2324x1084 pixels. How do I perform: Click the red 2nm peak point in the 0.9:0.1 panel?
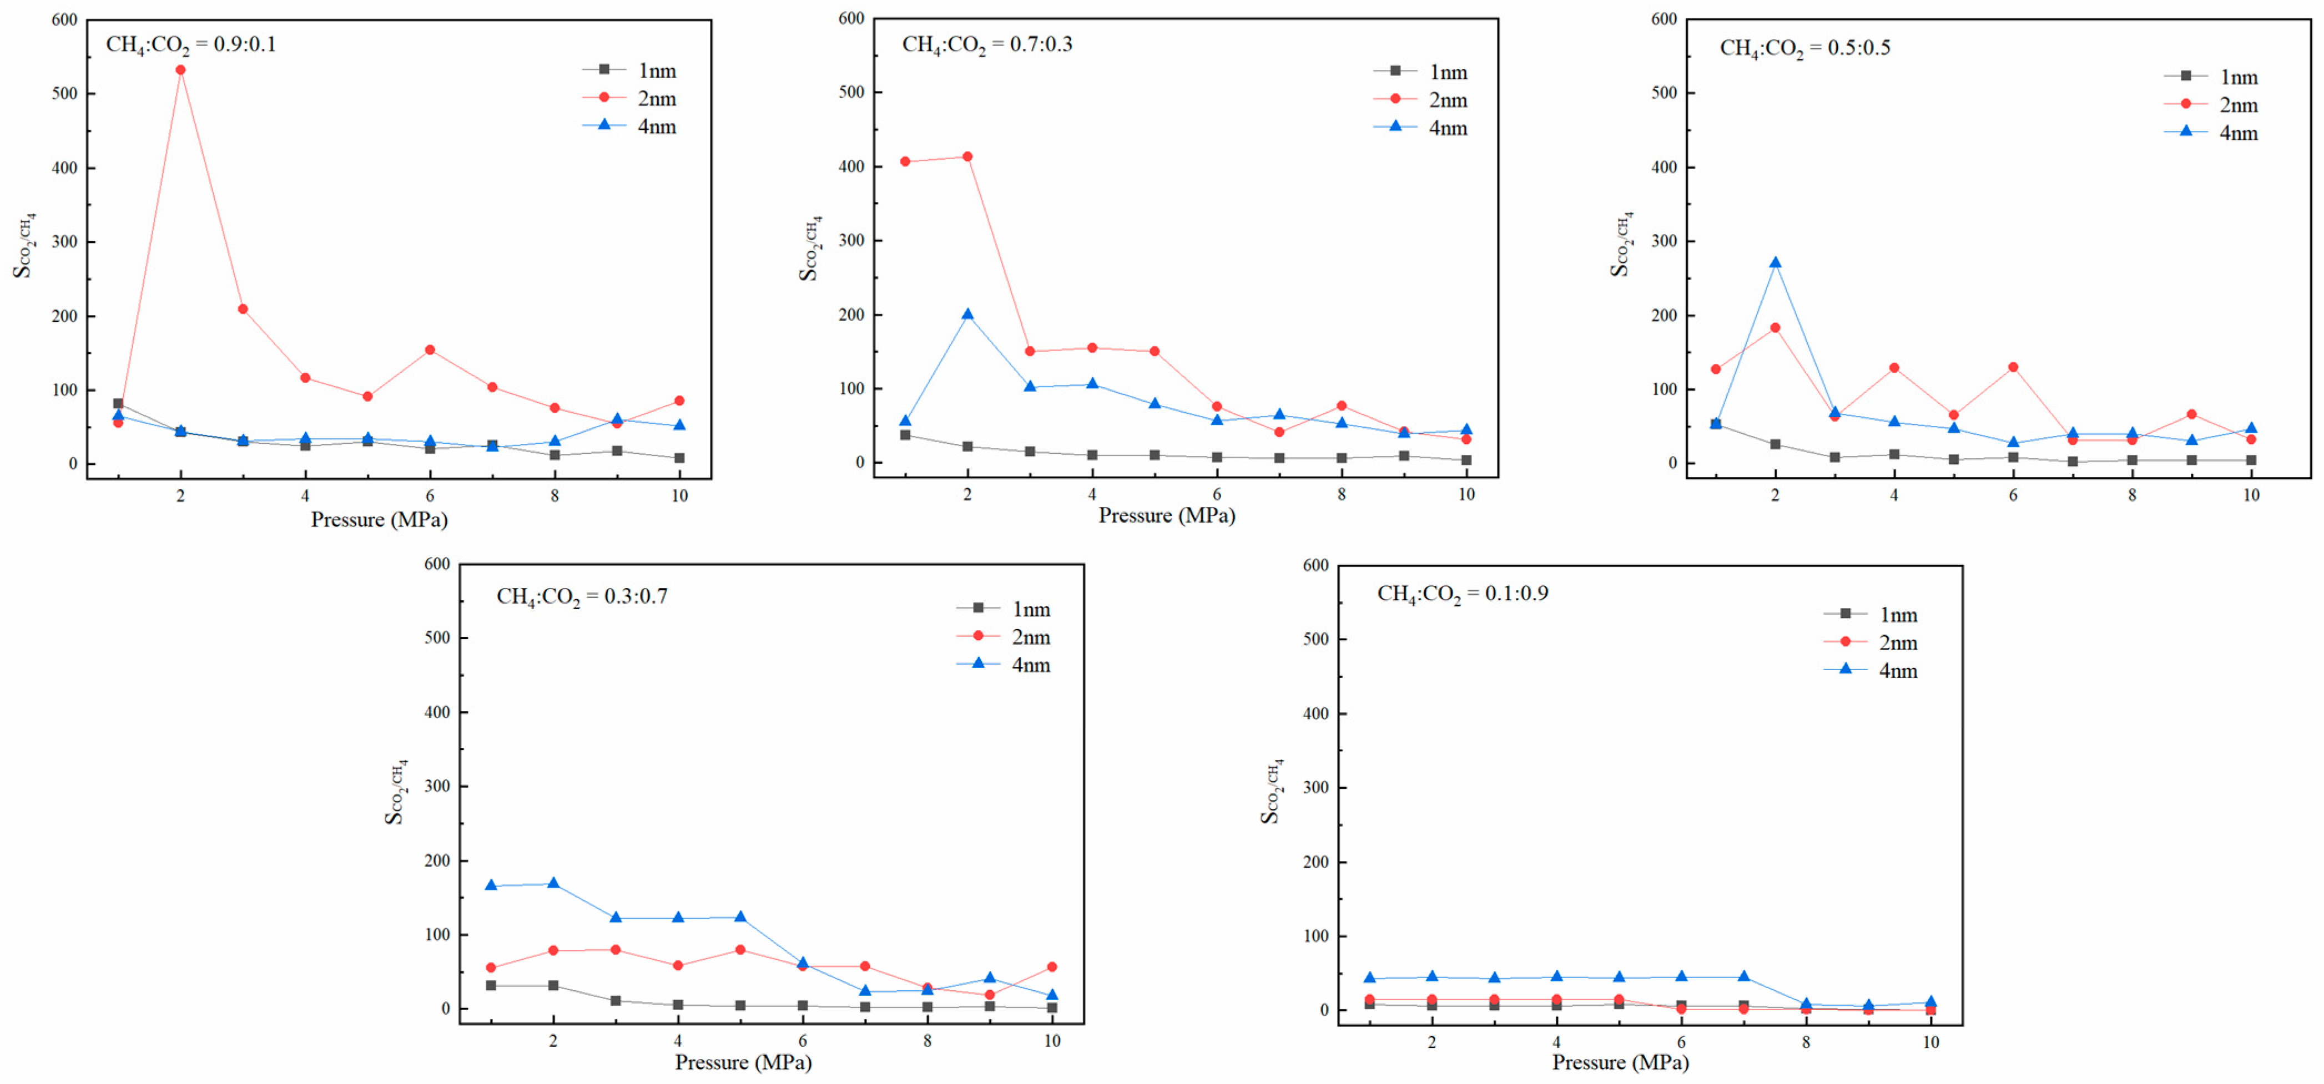point(180,69)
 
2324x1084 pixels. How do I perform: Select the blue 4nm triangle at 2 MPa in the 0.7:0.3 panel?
point(967,314)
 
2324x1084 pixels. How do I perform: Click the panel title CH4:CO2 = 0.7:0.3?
point(987,44)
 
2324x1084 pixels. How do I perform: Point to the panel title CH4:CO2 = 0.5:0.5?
point(1804,48)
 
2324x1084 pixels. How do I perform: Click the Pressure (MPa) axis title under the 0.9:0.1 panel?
point(379,519)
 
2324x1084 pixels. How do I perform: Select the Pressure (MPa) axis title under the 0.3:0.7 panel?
point(743,1062)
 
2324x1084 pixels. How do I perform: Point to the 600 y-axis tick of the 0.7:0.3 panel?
point(851,18)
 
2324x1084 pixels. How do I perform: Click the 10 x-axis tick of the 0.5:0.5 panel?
point(2251,494)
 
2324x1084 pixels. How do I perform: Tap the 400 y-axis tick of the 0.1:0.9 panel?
point(1316,713)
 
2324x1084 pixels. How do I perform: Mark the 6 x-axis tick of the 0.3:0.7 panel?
point(802,1041)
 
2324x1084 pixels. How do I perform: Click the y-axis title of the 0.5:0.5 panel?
point(1621,244)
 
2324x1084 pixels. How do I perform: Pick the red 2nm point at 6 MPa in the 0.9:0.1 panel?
point(430,350)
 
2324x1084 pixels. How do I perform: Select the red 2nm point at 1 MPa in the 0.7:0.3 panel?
point(905,161)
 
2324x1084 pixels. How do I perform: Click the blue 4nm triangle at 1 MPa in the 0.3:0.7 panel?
point(491,885)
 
